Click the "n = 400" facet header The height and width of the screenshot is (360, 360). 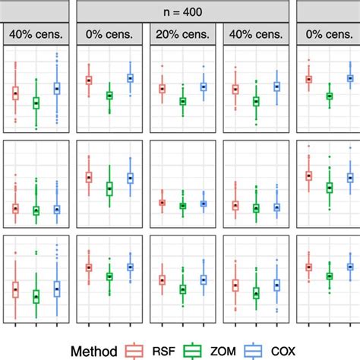[182, 12]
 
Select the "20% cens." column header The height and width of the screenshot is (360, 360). [182, 35]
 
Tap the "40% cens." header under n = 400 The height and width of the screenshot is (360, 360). [255, 35]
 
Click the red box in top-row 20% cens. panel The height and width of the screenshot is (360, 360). [162, 88]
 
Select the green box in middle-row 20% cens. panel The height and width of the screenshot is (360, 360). [182, 206]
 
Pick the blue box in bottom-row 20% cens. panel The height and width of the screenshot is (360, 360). [203, 280]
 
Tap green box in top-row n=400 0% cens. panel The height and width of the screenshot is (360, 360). [109, 96]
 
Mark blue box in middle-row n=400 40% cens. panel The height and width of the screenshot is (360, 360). [276, 207]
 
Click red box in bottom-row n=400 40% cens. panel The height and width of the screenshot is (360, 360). [235, 286]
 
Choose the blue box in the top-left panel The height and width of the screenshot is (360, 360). [57, 89]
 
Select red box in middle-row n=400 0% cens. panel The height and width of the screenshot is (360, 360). [88, 177]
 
